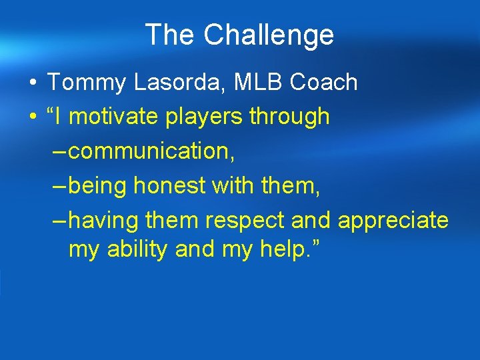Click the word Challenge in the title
click(269, 35)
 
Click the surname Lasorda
click(163, 83)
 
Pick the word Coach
click(322, 83)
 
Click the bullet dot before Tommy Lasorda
click(33, 83)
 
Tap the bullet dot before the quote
click(33, 117)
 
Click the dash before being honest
click(59, 186)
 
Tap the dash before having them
click(59, 220)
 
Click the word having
click(101, 221)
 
